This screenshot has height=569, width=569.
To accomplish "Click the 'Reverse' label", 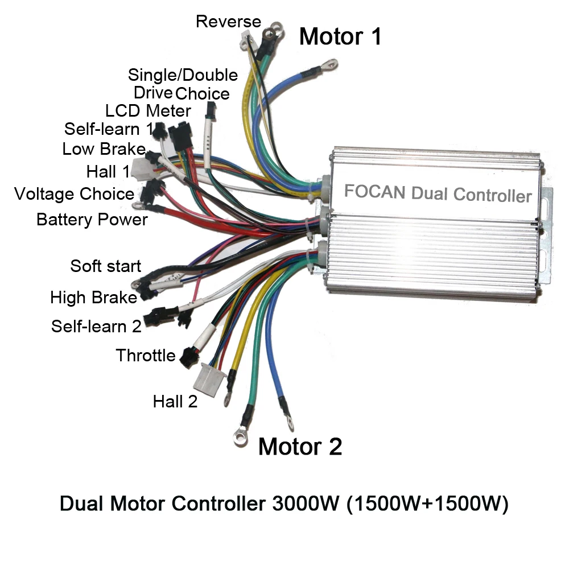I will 228,22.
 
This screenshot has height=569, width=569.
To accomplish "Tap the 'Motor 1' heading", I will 340,36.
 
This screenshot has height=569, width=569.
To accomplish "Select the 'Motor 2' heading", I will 300,447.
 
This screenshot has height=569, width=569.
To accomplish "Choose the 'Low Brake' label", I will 104,149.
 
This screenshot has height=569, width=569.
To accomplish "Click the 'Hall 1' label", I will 108,171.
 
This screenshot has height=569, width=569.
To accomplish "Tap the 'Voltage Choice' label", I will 74,194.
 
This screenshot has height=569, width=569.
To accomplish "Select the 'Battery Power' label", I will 92,220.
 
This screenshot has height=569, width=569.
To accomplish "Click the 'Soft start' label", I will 105,266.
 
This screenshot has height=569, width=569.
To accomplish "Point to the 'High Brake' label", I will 93,298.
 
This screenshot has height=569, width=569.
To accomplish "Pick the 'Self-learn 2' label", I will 96,327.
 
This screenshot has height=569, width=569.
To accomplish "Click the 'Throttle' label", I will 146,356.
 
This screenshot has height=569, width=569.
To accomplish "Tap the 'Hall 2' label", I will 175,401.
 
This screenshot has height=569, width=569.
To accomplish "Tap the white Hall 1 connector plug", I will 141,168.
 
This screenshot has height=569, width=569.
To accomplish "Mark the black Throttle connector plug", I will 186,357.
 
